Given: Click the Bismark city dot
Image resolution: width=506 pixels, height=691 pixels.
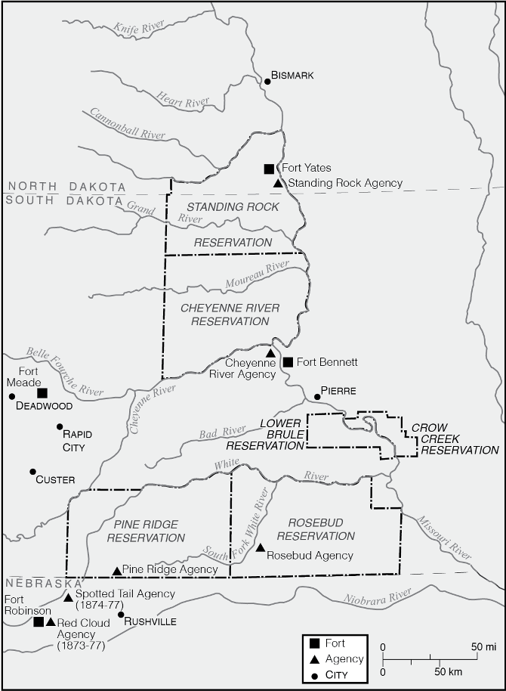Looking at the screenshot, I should point(267,82).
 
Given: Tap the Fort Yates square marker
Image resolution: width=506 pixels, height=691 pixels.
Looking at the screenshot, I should point(269,169).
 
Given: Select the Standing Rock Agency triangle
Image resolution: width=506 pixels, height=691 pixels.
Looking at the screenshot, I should point(279,183).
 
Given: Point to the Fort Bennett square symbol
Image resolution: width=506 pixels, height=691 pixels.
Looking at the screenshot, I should point(287,362).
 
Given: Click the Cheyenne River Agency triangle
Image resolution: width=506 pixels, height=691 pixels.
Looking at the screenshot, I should point(270,353).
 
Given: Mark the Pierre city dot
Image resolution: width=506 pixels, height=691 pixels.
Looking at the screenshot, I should point(318,396).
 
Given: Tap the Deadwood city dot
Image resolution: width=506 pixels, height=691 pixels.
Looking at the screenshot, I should point(11,396).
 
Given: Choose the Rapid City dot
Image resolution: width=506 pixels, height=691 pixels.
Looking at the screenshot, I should point(60,427).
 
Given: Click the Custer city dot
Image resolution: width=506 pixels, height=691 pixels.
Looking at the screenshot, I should point(32,472).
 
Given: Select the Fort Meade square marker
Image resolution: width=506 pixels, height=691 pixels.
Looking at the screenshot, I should point(42,392).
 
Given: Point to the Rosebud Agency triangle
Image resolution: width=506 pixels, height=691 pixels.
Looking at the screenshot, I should point(261,547).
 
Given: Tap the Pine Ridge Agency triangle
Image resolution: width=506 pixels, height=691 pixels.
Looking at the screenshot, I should point(116,571).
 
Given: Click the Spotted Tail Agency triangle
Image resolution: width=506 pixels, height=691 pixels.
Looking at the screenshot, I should point(68,598).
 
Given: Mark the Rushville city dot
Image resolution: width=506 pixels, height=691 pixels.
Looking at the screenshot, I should point(121,614).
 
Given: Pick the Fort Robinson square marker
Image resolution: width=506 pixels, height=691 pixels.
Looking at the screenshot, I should point(39,621).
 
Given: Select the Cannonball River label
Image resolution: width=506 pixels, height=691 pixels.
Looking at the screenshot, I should point(128,124).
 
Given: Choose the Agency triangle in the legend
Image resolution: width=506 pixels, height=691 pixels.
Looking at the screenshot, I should point(313,658).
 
